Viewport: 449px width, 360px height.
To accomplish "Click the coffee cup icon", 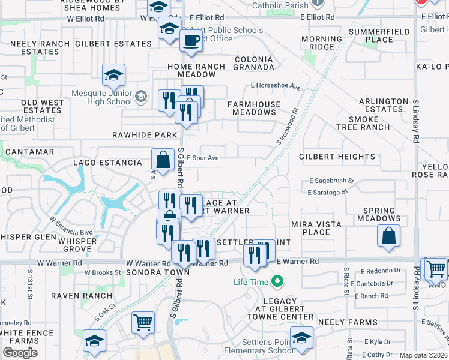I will [x=191, y=41].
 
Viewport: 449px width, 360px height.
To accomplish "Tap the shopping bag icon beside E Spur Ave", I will [x=163, y=160].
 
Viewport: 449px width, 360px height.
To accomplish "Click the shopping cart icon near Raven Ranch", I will [x=143, y=323].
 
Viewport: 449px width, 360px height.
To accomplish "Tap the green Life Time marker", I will [x=277, y=281].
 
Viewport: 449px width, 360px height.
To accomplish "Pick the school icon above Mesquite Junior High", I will [x=113, y=75].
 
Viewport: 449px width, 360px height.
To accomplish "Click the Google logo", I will [x=20, y=353].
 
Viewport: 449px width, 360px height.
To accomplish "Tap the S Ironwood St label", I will [x=287, y=127].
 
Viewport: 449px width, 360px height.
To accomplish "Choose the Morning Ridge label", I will [x=322, y=43].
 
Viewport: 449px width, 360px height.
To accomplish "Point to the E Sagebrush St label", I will [x=332, y=180].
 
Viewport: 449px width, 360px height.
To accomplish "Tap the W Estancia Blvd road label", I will [x=71, y=226].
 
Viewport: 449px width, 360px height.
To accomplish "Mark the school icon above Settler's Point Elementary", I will [x=301, y=337].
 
